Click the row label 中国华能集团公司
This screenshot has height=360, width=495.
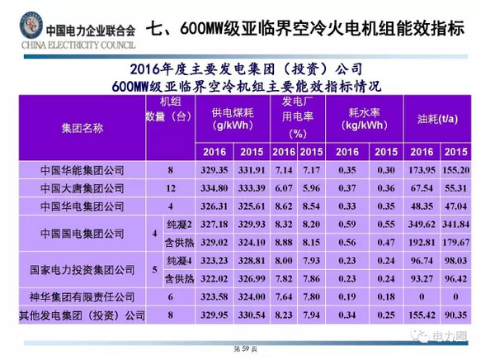click(x=82, y=169)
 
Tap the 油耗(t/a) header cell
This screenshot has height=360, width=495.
click(x=436, y=118)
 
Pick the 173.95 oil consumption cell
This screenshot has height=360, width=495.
click(x=422, y=169)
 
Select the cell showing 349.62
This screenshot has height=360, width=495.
click(x=422, y=224)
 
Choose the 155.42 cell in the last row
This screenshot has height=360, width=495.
click(x=422, y=315)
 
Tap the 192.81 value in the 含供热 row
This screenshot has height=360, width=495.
click(x=422, y=242)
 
